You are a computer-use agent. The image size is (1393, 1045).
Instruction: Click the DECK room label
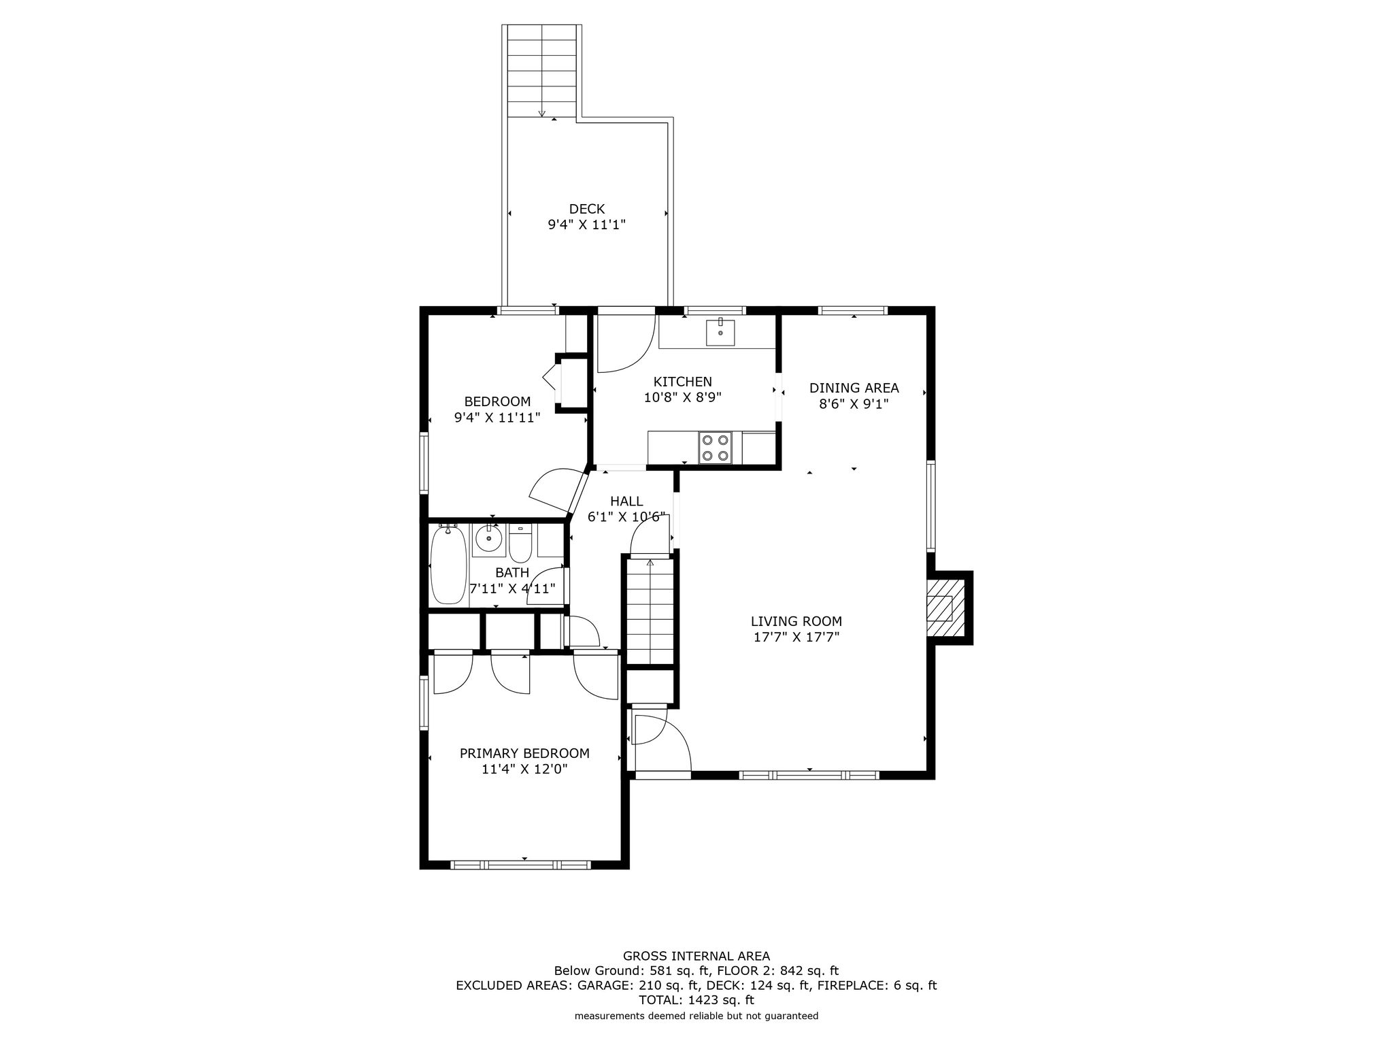coord(587,209)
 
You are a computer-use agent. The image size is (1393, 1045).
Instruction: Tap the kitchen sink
coord(720,332)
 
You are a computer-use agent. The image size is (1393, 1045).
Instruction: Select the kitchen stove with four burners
coord(715,448)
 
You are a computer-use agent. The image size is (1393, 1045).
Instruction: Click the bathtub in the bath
coord(448,565)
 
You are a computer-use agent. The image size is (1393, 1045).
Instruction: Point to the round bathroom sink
coord(488,540)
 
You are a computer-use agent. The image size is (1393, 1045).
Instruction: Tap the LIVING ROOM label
coord(796,621)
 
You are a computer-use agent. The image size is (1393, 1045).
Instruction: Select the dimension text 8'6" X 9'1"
coord(854,403)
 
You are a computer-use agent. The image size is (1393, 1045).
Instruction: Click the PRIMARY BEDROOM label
coord(524,753)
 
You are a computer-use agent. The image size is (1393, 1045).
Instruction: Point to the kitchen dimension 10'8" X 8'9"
coord(682,397)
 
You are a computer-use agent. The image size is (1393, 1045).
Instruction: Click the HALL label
coord(626,501)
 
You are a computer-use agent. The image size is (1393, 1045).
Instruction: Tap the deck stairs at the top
coord(542,71)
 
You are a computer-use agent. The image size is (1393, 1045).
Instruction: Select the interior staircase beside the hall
coord(650,610)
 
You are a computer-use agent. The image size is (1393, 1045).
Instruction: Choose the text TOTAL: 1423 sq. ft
coord(696,1000)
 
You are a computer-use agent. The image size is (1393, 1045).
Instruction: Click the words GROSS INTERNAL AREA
coord(696,956)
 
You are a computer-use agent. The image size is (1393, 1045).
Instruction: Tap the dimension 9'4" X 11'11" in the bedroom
coord(497,417)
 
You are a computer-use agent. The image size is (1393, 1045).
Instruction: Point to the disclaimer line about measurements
coord(696,1016)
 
